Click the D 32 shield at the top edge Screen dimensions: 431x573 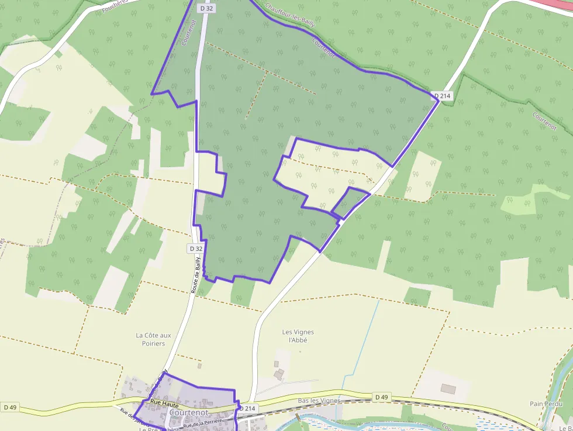click(x=205, y=8)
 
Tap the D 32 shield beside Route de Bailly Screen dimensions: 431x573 click(x=195, y=249)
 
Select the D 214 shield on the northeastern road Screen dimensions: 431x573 click(x=443, y=95)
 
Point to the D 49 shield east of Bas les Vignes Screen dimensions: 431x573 click(x=381, y=397)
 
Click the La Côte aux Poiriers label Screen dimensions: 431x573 click(x=153, y=339)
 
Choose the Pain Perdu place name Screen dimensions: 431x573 click(x=546, y=404)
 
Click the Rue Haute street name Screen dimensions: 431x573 click(x=164, y=402)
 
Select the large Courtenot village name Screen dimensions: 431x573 click(x=188, y=412)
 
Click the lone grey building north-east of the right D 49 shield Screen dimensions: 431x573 click(x=448, y=389)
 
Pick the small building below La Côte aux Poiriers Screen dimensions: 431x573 click(x=199, y=366)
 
